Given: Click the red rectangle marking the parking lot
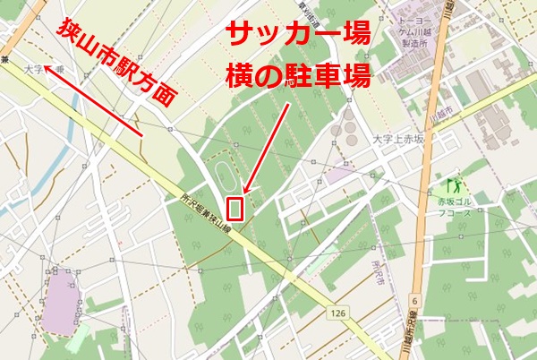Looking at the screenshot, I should tap(236, 208).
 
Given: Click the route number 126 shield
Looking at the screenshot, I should tap(337, 313).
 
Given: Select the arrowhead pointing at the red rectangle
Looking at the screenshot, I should tap(245, 190).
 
